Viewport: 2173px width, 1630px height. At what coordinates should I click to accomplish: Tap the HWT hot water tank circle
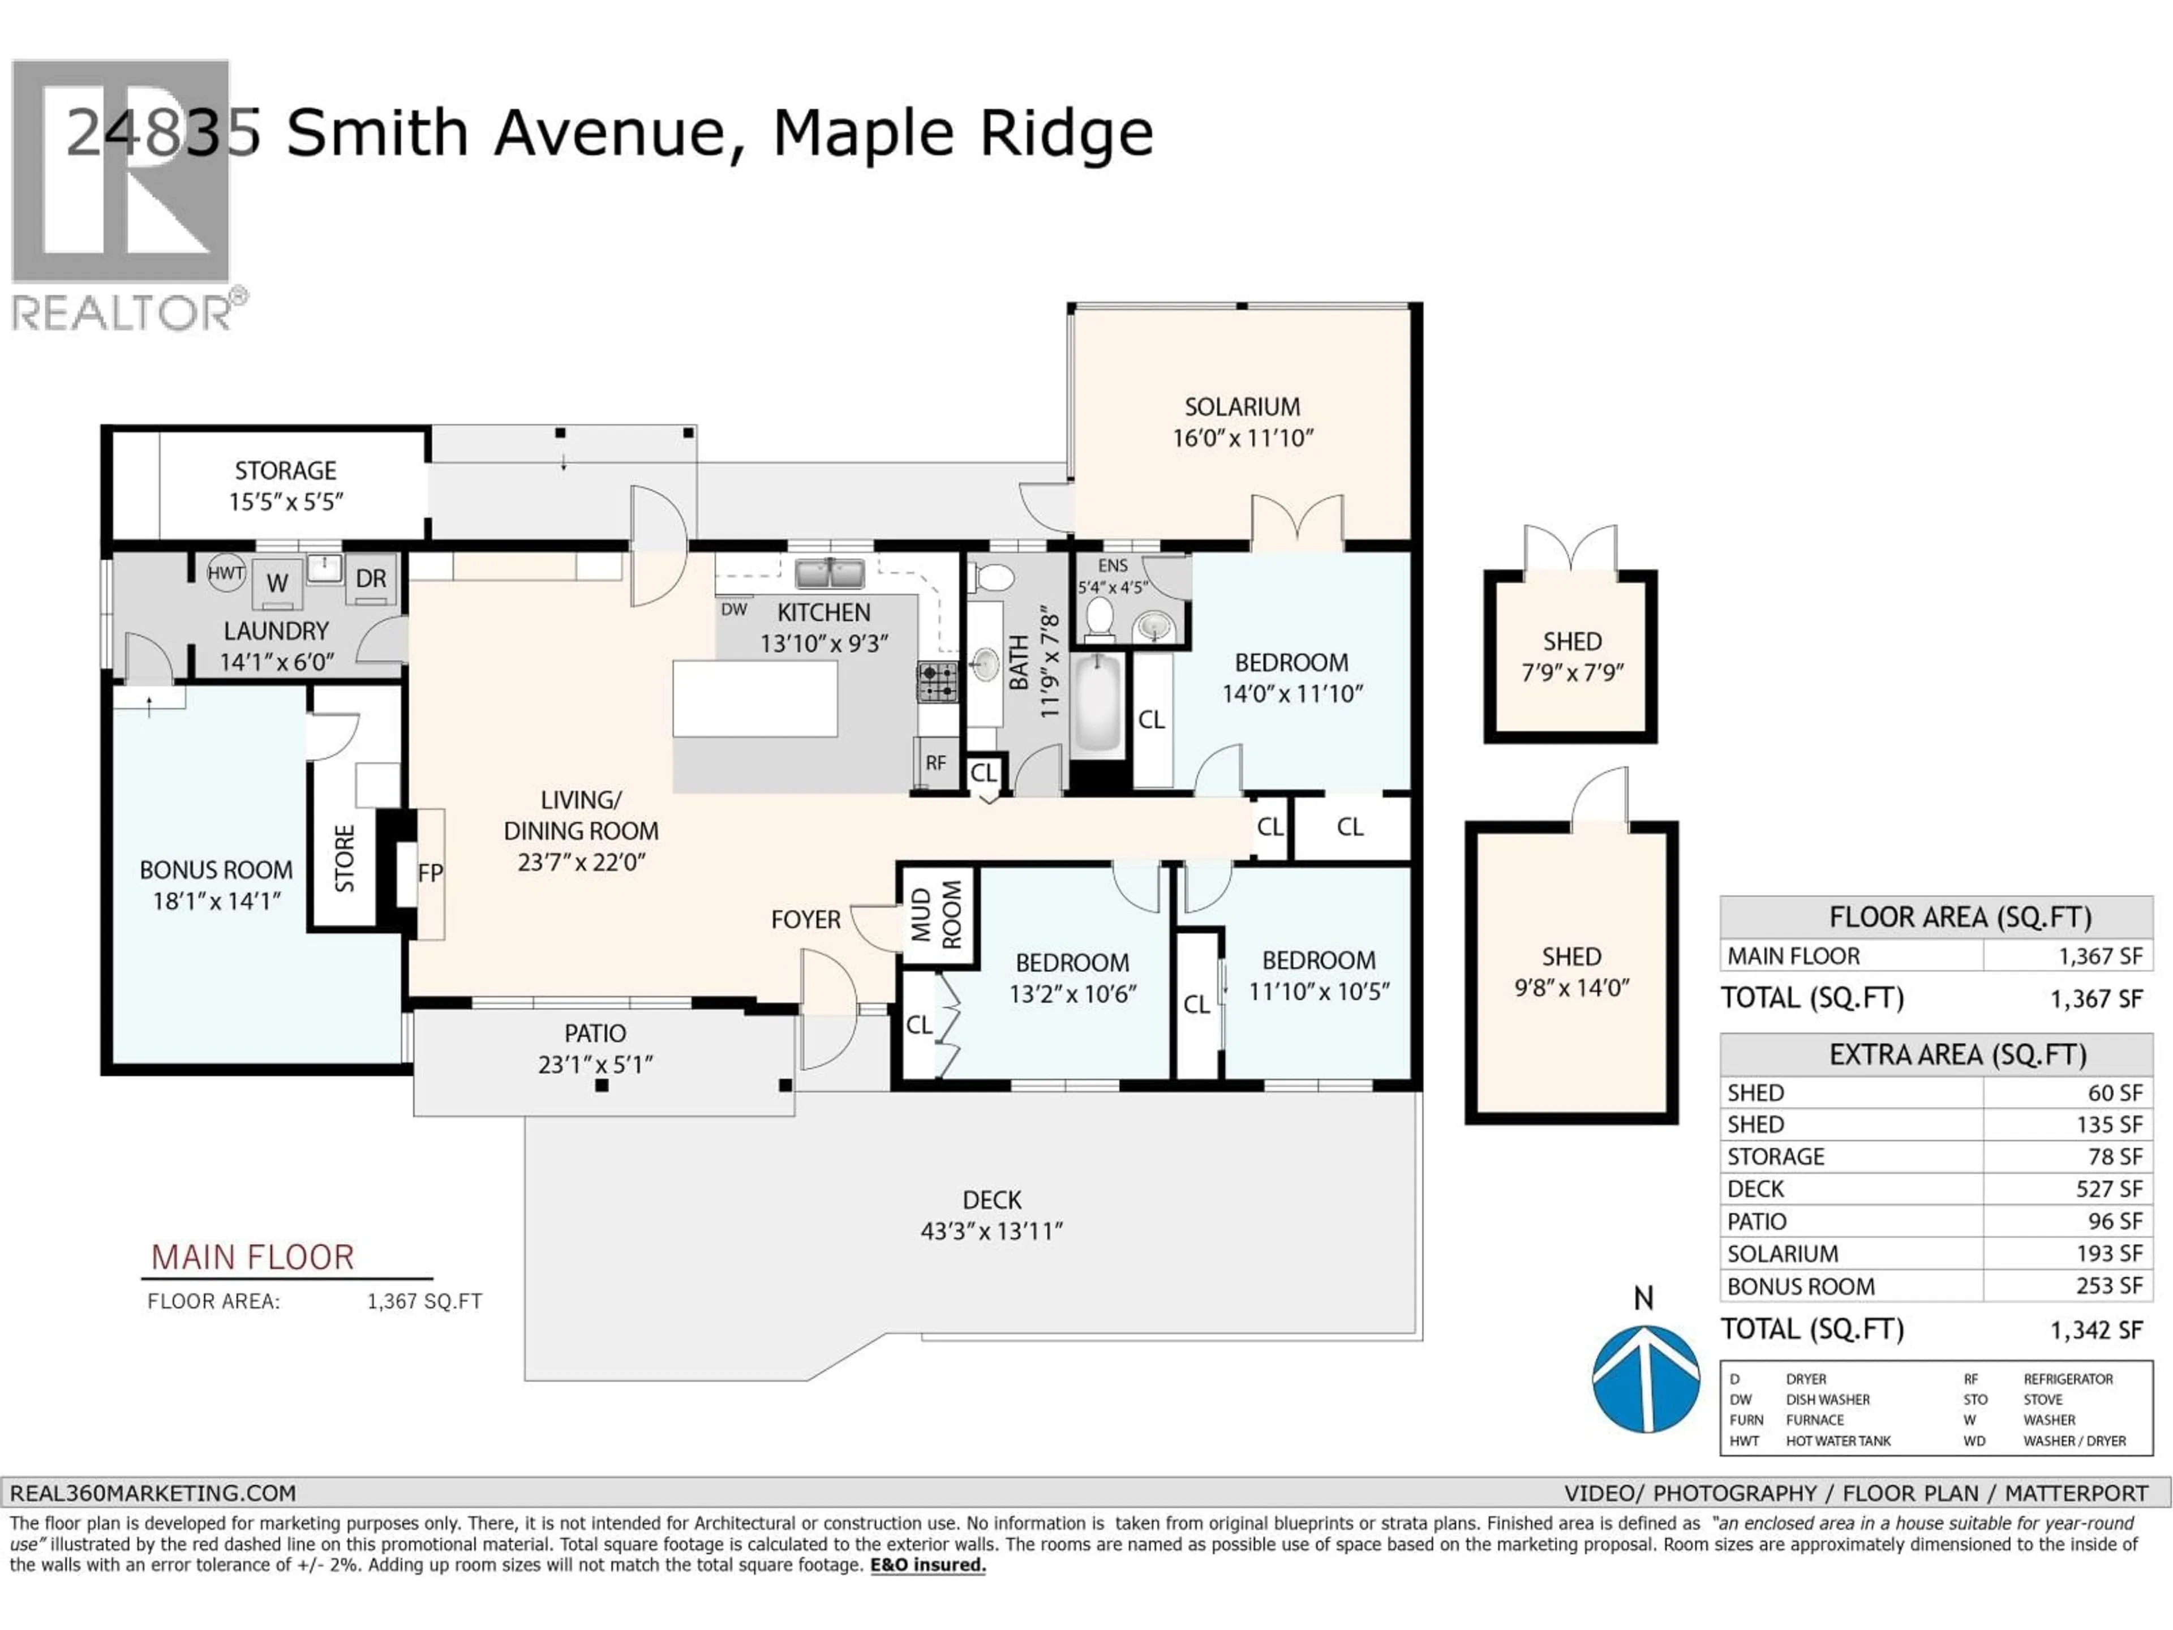226,573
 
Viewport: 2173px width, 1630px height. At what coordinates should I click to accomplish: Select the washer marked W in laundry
278,582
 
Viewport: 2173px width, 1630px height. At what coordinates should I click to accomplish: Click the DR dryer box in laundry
370,578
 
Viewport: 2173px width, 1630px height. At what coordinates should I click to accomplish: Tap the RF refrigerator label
935,762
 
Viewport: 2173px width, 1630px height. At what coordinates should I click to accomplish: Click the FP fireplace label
430,873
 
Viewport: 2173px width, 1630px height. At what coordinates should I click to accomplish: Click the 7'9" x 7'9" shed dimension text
1572,673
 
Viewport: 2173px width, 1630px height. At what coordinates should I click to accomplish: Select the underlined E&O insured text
927,1565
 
